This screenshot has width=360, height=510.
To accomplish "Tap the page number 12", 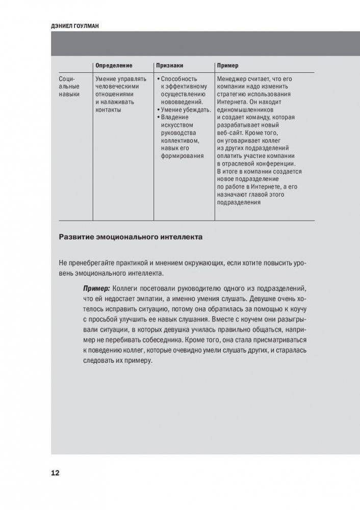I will [x=55, y=473].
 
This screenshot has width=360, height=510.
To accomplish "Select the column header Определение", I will [x=114, y=66].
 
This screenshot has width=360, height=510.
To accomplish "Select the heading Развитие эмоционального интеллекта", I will [x=131, y=237].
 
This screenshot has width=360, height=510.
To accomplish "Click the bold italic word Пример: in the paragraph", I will [x=97, y=288].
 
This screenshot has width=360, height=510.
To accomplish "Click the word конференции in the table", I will [x=275, y=164].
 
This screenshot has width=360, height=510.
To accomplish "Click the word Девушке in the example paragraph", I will [x=263, y=300].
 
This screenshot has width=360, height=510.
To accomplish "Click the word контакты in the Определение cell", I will [x=109, y=110].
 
